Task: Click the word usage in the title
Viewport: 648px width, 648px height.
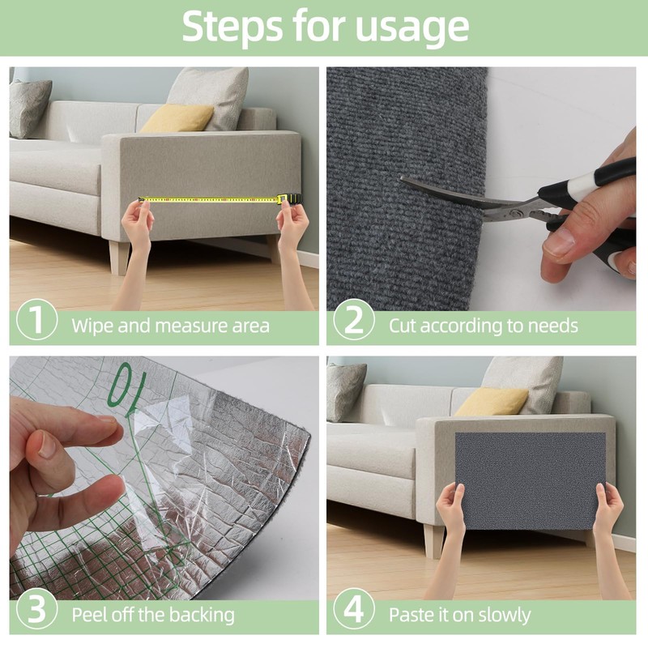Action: tap(412, 28)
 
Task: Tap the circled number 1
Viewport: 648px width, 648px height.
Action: tap(36, 319)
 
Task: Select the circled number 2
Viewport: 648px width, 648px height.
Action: tap(354, 319)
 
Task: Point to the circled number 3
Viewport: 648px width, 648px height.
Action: tap(36, 609)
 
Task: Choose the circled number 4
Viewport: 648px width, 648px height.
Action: tap(354, 609)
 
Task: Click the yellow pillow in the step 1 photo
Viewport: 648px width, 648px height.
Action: tap(177, 118)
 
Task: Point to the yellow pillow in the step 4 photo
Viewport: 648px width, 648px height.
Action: tap(492, 402)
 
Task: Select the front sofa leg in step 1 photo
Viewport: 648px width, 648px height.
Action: tap(119, 257)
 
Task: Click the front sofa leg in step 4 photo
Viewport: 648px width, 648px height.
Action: tap(434, 540)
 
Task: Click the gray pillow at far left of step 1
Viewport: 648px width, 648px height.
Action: tap(30, 109)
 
